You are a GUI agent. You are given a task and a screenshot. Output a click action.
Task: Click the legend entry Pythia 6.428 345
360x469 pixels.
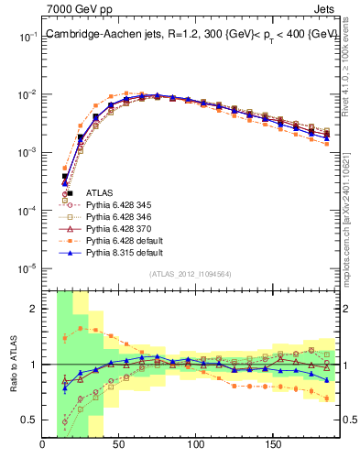[116, 204]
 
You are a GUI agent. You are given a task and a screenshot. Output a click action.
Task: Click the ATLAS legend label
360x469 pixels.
[99, 192]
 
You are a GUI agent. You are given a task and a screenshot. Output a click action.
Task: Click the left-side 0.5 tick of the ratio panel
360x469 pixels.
[29, 420]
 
